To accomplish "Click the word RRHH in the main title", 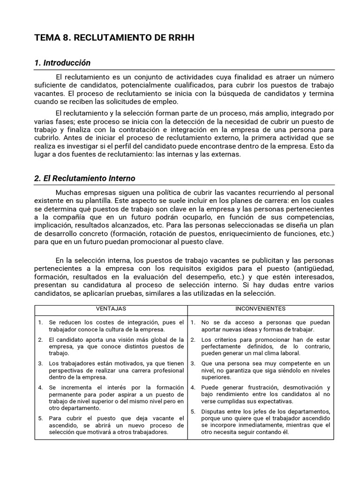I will click(x=177, y=38).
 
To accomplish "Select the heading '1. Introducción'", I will click(x=62, y=63).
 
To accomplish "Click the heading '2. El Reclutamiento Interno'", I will click(x=85, y=178).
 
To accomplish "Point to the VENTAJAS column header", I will click(x=111, y=309).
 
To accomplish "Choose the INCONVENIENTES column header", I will click(x=261, y=309).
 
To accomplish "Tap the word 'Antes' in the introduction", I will click(x=72, y=138).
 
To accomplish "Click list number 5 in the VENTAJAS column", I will click(x=40, y=418).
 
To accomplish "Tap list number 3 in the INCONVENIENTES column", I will click(x=193, y=363).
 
